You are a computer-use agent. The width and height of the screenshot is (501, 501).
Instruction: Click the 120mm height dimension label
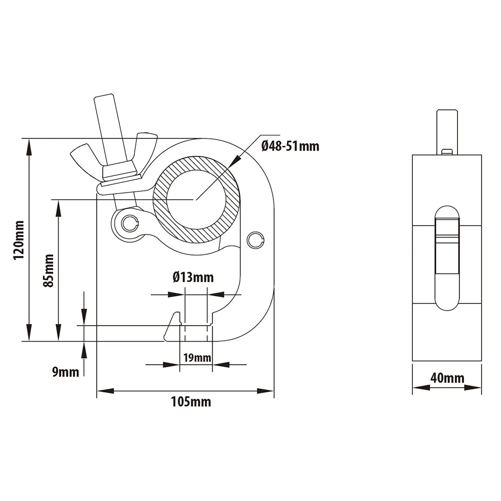(x=19, y=239)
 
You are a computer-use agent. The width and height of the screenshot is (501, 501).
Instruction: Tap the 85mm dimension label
(x=49, y=271)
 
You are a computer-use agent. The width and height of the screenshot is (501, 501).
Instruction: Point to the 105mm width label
(x=191, y=401)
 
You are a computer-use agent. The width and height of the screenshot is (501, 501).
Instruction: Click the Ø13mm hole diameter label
(x=193, y=277)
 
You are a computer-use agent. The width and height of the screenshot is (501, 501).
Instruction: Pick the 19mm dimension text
(x=196, y=358)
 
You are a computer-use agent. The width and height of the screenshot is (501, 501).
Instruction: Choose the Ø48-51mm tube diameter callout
(x=290, y=146)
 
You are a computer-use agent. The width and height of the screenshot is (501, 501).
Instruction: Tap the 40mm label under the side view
(x=447, y=378)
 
